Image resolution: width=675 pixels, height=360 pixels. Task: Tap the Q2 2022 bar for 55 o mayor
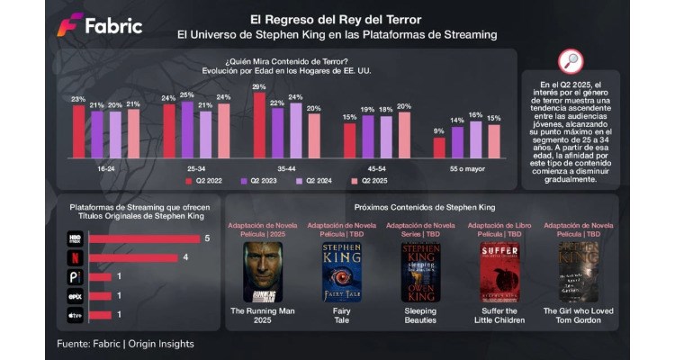(439, 147)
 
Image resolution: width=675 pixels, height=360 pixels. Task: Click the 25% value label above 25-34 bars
(187, 94)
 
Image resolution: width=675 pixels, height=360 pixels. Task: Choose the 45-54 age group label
(376, 167)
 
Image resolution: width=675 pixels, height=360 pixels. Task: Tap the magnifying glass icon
(571, 60)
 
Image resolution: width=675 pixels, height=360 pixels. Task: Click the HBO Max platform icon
(76, 238)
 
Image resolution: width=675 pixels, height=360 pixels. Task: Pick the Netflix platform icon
(76, 258)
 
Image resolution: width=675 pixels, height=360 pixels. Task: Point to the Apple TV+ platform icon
(76, 315)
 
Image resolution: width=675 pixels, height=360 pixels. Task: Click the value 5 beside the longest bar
(206, 238)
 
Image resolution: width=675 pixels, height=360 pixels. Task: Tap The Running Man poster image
(262, 271)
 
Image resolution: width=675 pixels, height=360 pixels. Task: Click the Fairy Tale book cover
(336, 271)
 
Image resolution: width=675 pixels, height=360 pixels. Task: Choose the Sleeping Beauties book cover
(420, 271)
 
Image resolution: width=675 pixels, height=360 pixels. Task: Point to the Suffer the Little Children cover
(497, 271)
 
